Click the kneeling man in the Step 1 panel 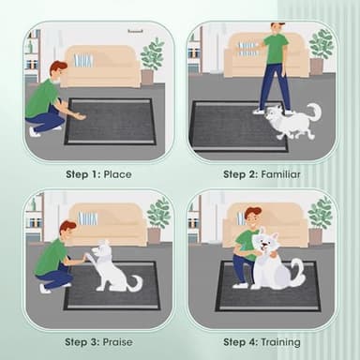pyautogui.click(x=47, y=97)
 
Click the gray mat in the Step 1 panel pyautogui.click(x=111, y=121)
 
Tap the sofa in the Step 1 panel pyautogui.click(x=101, y=67)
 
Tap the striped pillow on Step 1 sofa pyautogui.click(x=84, y=60)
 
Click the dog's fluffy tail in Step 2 pyautogui.click(x=312, y=113)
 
